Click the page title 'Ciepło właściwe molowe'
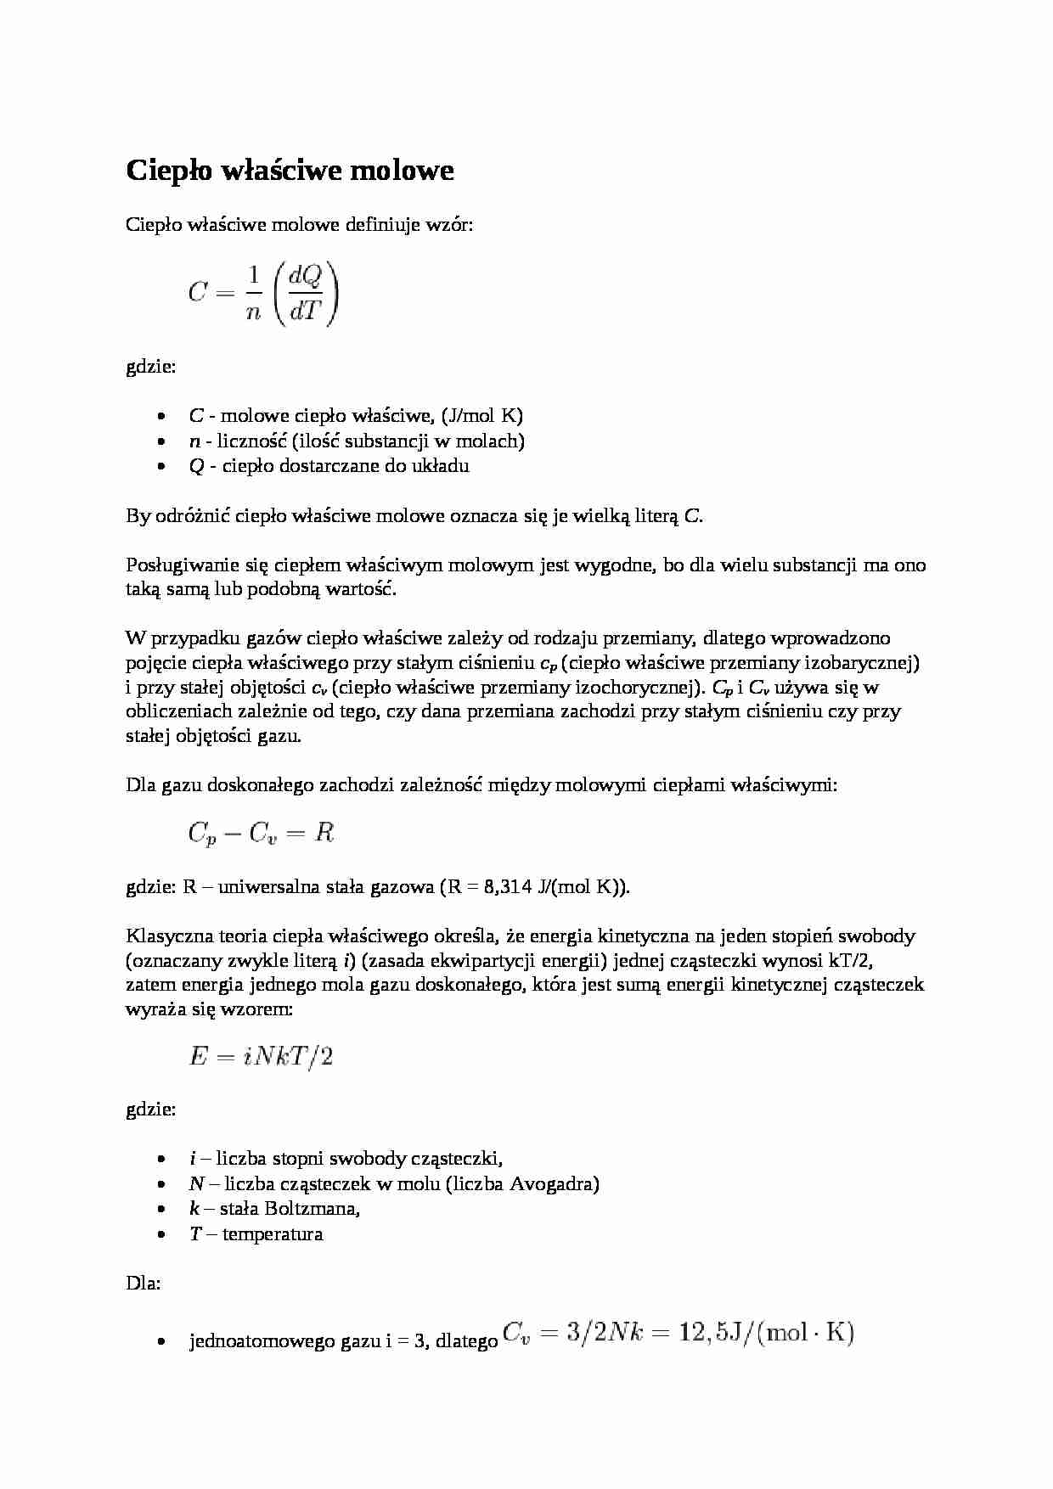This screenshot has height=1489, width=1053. [x=290, y=171]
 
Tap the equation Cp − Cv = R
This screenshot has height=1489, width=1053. [x=261, y=833]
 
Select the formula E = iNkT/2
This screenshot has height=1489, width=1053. [x=261, y=1057]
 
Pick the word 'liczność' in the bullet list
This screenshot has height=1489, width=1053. [x=251, y=441]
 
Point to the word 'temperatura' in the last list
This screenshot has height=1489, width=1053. [x=273, y=1233]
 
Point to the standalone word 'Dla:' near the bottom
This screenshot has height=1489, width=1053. [x=143, y=1284]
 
